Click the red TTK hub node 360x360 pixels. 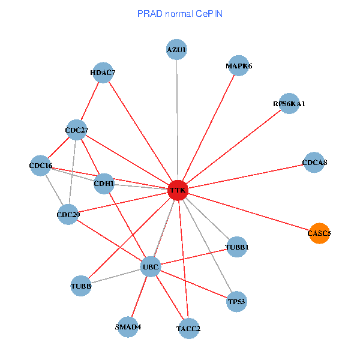pos(178,191)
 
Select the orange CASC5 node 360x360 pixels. pos(319,233)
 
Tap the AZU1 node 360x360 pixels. pos(176,49)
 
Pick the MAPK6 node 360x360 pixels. pos(239,65)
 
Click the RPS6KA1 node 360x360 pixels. pos(289,103)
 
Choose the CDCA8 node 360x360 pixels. pos(314,162)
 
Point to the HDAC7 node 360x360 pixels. pos(103,73)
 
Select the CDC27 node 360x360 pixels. pos(77,130)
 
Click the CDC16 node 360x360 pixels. pos(40,166)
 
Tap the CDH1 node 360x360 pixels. pos(104,184)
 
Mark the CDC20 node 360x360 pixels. pos(68,214)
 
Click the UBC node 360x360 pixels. pos(150,266)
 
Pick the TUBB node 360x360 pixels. pos(81,286)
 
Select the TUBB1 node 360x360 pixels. pos(236,247)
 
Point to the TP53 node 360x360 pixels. pos(236,302)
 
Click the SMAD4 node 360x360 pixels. pos(128,327)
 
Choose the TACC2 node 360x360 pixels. pos(188,328)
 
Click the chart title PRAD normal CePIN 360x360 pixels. pos(180,13)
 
